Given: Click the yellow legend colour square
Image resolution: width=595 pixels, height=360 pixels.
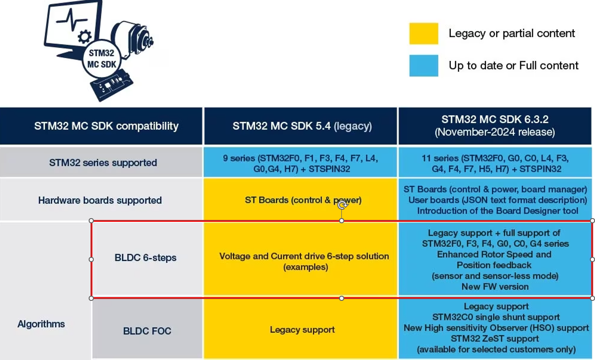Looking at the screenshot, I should pos(423,34).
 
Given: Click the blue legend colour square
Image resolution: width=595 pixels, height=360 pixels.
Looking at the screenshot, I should pos(423,66).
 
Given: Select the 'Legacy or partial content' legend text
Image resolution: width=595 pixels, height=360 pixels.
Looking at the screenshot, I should pos(511,33).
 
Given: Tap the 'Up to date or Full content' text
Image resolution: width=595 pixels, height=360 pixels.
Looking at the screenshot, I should pos(513,66).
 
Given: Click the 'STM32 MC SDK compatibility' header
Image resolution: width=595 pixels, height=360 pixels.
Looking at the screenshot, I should pos(106,126).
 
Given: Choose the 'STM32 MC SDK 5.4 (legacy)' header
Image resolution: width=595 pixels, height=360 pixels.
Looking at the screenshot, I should pos(302,126).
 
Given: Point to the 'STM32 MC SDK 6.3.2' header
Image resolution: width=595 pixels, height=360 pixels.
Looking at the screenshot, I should pos(495,120).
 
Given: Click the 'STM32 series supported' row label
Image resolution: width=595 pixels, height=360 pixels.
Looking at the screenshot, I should pos(103,163).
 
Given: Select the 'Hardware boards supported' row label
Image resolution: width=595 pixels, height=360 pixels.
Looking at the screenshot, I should pos(100,201).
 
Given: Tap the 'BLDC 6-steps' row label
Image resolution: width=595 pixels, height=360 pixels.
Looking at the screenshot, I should pos(146,258).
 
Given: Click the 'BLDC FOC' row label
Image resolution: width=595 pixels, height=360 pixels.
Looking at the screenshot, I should pos(147,331).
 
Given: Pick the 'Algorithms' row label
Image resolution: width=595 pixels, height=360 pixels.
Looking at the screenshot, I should pos(41,324).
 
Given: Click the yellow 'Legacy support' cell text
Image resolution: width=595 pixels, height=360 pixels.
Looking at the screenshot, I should pos(302,330).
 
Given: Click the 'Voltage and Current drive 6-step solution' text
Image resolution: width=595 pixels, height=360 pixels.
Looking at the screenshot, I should pos(304,256).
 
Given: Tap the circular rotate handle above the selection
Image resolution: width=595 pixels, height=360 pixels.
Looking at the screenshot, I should pos(342,205).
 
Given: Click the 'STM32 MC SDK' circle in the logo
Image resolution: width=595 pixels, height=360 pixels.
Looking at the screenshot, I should pos(102,59).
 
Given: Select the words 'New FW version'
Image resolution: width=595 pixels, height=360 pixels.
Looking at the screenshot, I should pos(495,287).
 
